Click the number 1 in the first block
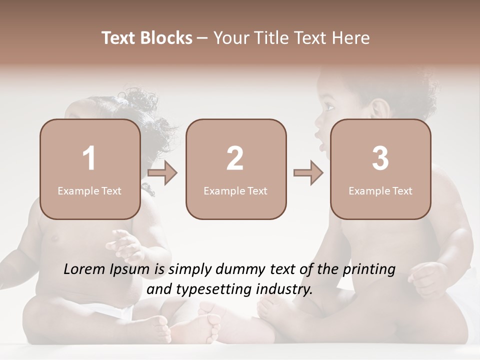[89, 158]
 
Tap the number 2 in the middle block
[235, 158]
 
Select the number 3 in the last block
[380, 158]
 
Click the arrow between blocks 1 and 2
[163, 173]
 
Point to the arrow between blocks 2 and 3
[308, 173]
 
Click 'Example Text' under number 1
[89, 191]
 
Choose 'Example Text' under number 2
[235, 191]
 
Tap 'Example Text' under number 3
[380, 191]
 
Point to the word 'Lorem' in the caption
[85, 269]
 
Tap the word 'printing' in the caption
[369, 270]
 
